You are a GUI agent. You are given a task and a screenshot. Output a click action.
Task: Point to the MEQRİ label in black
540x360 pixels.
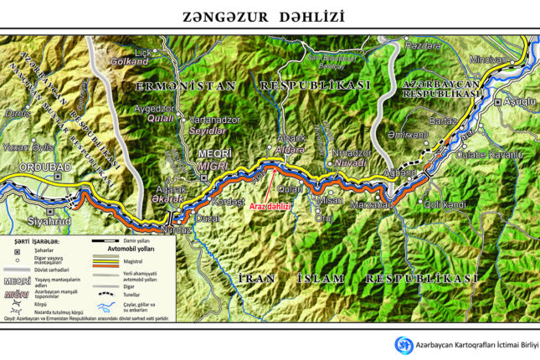211,152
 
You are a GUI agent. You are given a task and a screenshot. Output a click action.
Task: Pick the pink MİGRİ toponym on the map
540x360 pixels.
211,164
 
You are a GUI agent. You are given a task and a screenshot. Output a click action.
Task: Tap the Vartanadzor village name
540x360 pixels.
216,120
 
